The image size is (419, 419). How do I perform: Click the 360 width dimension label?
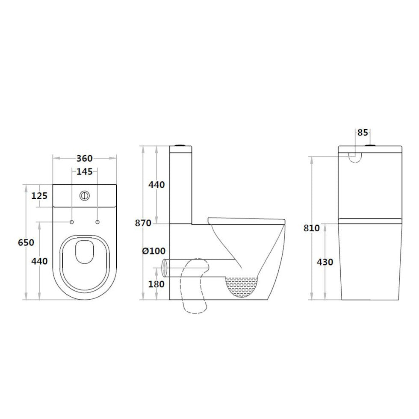coord(84,158)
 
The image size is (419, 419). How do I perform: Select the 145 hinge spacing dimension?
coord(84,172)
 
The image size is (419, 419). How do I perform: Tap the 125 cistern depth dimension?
coord(39,196)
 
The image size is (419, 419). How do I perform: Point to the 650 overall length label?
coord(26,242)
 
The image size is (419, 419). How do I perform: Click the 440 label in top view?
coord(39,261)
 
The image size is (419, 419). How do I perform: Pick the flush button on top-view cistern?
coord(85,196)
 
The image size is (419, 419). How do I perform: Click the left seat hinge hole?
coord(71,222)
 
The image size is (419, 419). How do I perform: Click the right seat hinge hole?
coord(97,222)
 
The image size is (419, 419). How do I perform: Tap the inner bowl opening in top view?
coord(84,252)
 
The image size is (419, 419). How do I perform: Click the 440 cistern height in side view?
coord(156,185)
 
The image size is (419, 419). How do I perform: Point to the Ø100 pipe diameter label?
coord(153,251)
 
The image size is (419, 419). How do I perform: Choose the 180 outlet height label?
coord(156,284)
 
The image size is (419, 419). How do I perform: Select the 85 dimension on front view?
coord(363,133)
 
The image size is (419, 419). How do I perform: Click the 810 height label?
coord(312,228)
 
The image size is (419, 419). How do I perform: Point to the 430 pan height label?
coord(325,262)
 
